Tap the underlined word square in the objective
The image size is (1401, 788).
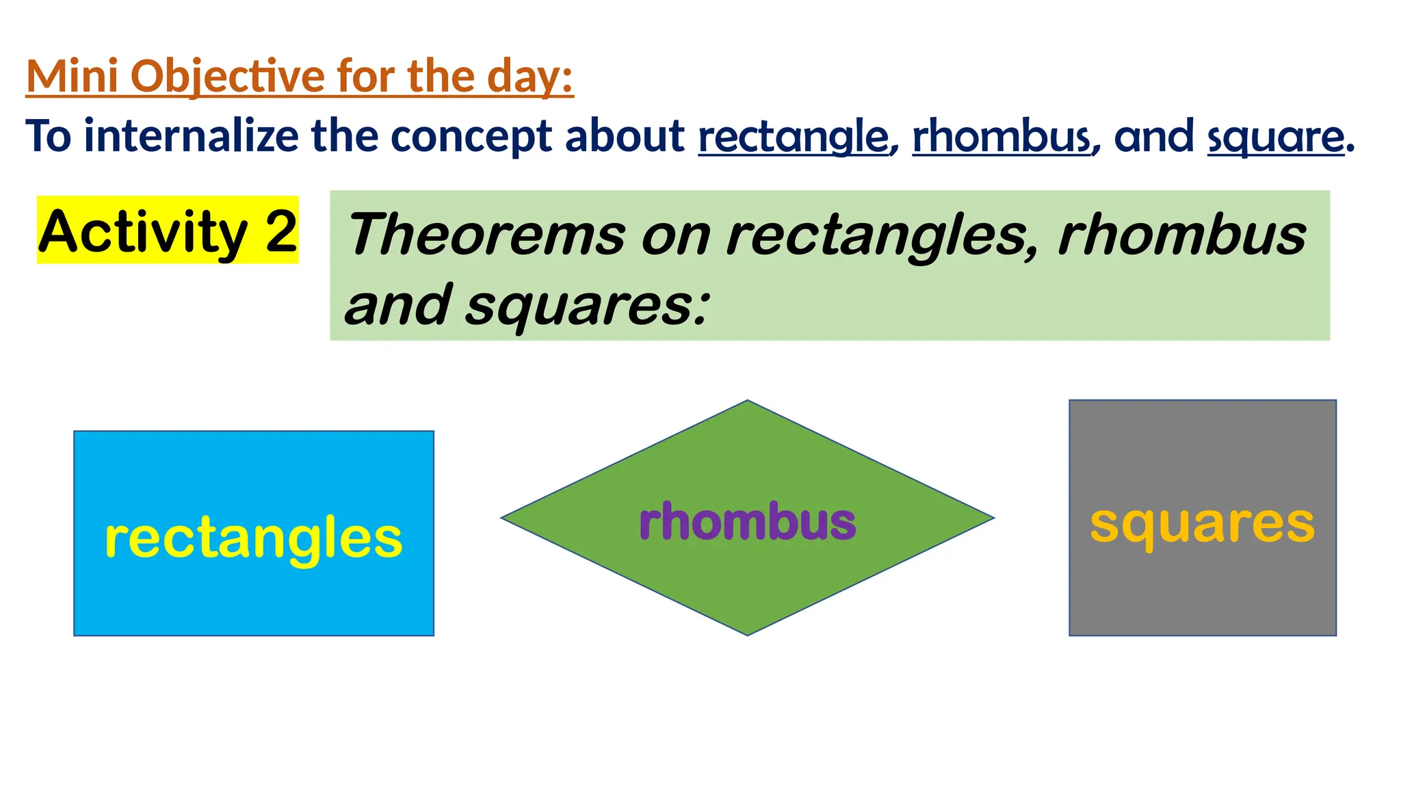(x=1275, y=137)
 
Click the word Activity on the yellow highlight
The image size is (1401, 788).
(x=143, y=231)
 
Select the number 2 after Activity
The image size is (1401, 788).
(x=281, y=231)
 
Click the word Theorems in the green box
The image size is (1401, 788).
(x=486, y=234)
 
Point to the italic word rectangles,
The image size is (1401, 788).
(x=882, y=235)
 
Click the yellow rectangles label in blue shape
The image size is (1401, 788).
(x=253, y=538)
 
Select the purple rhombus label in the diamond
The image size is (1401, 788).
(x=747, y=521)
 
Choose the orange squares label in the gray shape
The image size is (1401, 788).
(x=1202, y=524)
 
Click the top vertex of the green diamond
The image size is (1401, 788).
(x=748, y=402)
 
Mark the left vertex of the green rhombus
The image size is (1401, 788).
(x=503, y=518)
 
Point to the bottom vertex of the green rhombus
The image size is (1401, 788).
(x=748, y=634)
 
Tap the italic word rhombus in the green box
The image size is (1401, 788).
(x=1181, y=234)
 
